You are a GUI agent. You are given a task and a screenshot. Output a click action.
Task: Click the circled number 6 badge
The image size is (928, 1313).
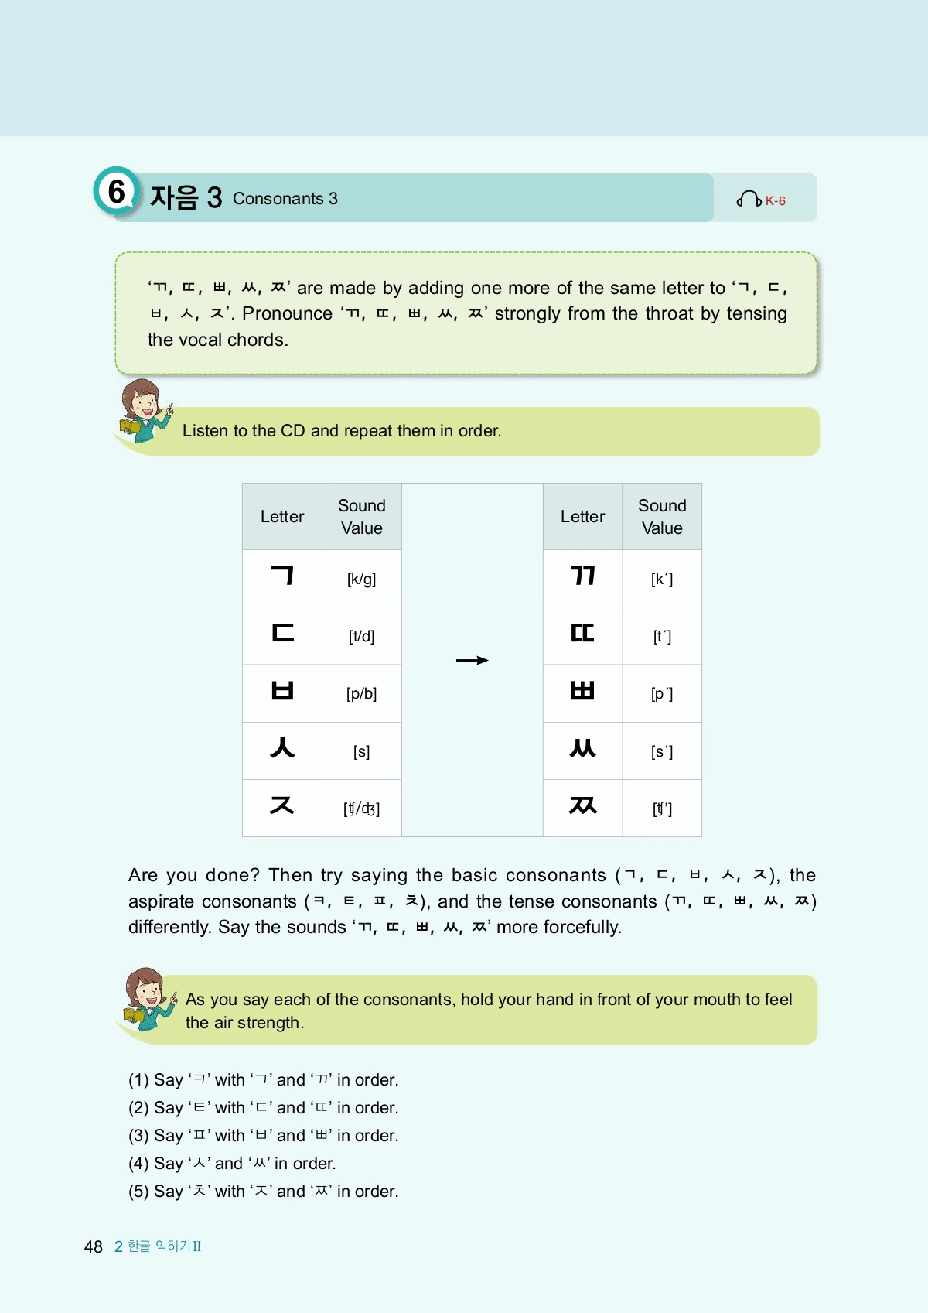tap(116, 191)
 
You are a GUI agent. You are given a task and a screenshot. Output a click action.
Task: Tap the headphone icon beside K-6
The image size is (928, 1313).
tap(748, 200)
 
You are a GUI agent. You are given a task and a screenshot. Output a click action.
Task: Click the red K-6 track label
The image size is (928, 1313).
tap(776, 201)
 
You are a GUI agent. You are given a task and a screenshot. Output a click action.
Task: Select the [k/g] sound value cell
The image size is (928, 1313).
tap(361, 579)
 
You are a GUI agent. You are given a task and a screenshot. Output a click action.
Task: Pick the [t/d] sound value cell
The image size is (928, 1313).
tap(361, 636)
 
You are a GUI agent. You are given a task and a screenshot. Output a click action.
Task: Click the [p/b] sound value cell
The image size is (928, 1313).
tap(361, 693)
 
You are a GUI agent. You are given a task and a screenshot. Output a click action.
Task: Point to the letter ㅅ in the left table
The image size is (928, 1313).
tap(282, 748)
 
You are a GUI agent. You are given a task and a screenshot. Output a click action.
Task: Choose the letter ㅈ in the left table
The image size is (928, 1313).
tap(282, 805)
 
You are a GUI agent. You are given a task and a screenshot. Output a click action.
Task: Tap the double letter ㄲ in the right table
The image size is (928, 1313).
tap(582, 576)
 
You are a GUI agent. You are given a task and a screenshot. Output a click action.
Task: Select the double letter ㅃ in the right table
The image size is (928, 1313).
tap(582, 690)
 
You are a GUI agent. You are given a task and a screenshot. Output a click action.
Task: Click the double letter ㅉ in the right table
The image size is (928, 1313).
tap(582, 805)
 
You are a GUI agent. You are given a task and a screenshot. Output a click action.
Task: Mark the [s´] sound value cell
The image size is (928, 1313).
tap(662, 751)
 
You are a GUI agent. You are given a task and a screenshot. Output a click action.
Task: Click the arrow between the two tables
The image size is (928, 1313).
tap(472, 660)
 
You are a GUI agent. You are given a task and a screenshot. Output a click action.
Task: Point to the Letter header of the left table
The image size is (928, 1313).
tap(282, 517)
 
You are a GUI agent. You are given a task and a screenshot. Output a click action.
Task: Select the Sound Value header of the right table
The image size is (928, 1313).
tap(662, 517)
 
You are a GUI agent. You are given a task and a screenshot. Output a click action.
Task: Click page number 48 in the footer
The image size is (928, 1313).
tap(94, 1246)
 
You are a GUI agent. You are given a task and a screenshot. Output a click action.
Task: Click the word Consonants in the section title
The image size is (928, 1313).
tap(278, 199)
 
